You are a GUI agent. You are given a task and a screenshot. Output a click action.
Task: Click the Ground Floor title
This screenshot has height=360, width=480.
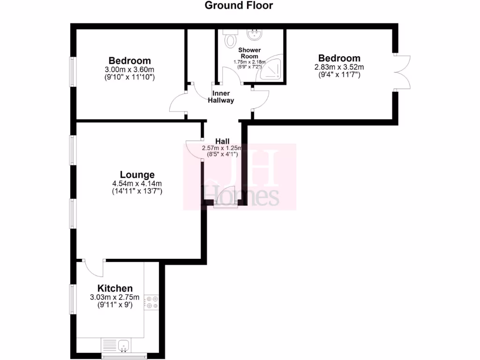pyautogui.click(x=239, y=6)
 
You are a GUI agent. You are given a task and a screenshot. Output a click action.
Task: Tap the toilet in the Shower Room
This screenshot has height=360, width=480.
pyautogui.click(x=230, y=39)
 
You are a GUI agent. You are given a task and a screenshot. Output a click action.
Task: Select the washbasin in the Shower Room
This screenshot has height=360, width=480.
pyautogui.click(x=255, y=34)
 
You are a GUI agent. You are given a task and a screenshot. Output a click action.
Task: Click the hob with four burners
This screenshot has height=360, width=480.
pyautogui.click(x=152, y=302)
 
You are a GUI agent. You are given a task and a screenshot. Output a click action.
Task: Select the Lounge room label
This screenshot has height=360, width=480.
pyautogui.click(x=137, y=175)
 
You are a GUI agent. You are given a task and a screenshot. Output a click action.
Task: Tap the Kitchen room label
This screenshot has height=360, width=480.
pyautogui.click(x=115, y=288)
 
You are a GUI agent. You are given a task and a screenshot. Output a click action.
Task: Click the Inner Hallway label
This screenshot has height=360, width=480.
pyautogui.click(x=221, y=97)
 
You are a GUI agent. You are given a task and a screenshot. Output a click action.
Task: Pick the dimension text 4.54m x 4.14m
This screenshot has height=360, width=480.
pyautogui.click(x=137, y=183)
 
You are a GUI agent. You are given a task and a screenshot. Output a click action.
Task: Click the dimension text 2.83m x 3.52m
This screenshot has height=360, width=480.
pyautogui.click(x=339, y=67)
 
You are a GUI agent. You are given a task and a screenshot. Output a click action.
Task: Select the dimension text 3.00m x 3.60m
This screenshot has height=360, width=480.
pyautogui.click(x=130, y=69)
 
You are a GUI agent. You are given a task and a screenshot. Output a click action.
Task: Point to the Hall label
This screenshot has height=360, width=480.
pyautogui.click(x=222, y=141)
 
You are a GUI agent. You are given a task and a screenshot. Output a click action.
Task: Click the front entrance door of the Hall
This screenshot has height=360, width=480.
pyautogui.click(x=221, y=202)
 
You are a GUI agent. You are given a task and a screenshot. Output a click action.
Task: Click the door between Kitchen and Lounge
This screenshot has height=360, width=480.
pyautogui.click(x=94, y=269)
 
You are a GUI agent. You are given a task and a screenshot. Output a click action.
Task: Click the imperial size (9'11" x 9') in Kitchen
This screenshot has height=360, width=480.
pyautogui.click(x=115, y=305)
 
